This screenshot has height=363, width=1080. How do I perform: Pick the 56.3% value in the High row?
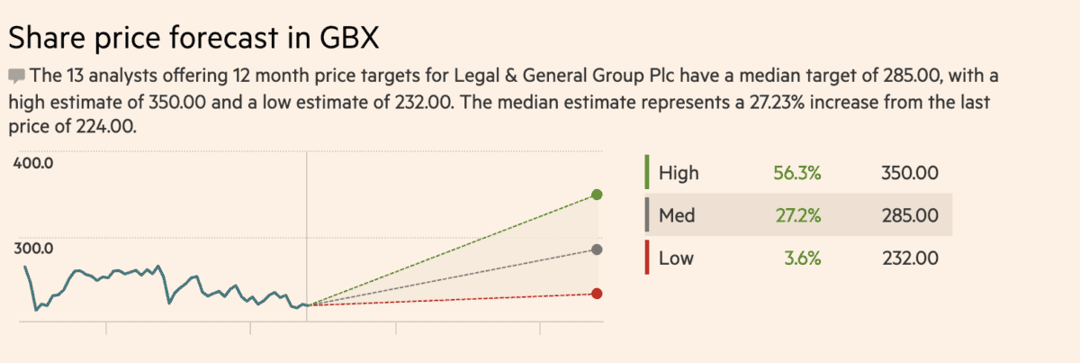coord(797,173)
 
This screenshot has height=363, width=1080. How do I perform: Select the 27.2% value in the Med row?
coord(797,216)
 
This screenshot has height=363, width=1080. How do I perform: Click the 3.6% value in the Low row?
coord(803,259)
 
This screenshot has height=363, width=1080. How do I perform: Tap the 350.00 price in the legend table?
coord(911,173)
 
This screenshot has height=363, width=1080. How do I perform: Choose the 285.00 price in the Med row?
coord(911,216)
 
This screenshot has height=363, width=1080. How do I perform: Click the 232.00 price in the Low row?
coord(911,259)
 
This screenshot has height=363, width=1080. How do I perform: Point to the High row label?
coord(678,173)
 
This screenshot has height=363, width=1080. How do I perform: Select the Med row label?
coord(677,216)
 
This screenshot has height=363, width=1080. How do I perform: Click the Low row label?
coord(676,259)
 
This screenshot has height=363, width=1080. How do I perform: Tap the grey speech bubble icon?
coord(16,75)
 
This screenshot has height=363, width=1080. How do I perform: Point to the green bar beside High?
coord(646,172)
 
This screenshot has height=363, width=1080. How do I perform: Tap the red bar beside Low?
coord(646,259)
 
